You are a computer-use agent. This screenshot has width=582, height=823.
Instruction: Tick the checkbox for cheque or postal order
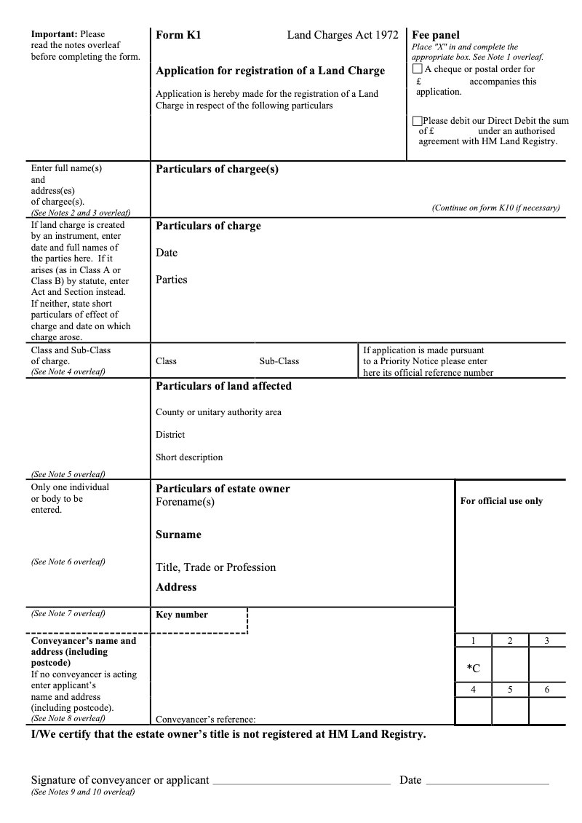point(417,69)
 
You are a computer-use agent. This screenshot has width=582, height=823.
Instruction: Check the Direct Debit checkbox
point(417,121)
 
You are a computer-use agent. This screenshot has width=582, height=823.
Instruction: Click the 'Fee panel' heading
point(436,35)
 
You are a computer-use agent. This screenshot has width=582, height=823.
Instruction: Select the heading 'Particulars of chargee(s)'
point(217,169)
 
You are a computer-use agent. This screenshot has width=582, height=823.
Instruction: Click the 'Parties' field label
point(171,280)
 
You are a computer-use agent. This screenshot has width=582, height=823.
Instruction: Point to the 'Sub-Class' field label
point(279,361)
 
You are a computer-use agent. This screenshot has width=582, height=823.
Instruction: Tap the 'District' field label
point(170,435)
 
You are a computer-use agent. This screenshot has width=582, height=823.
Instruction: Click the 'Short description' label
point(189,457)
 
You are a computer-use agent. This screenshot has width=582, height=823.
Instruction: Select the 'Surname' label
point(178,535)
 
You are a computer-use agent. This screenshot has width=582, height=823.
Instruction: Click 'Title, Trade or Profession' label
point(215,567)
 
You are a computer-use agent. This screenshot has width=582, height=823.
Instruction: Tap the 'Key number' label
point(182,615)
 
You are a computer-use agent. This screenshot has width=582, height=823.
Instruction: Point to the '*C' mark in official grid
point(473,668)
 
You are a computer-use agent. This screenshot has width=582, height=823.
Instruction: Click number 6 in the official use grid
point(547,690)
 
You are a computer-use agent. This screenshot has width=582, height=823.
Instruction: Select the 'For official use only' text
point(501,501)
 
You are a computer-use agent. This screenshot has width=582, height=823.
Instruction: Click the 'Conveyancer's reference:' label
point(205,719)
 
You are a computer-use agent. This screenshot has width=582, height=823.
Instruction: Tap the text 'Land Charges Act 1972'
point(343,35)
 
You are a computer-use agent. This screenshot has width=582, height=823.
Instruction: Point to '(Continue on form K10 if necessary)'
point(495,208)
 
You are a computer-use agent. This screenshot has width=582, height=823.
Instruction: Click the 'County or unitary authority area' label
point(218,412)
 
